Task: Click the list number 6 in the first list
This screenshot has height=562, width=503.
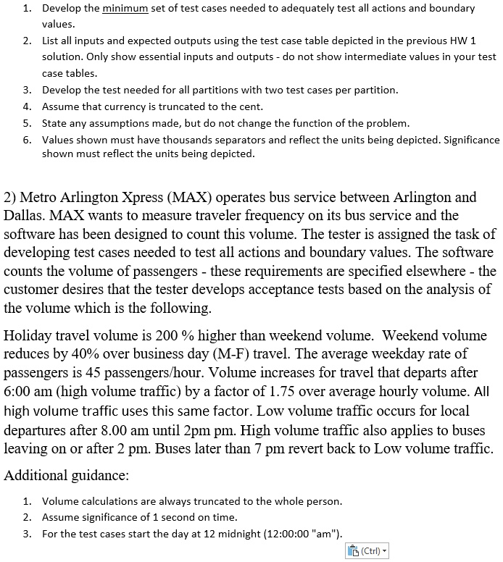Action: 26,139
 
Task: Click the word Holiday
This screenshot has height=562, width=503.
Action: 28,336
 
